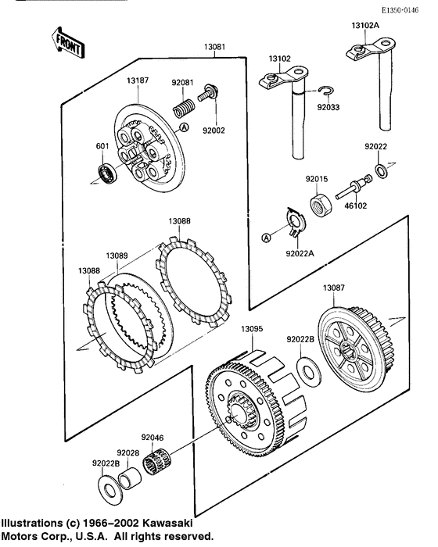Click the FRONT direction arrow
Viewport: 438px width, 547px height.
click(68, 43)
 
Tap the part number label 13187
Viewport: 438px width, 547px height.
click(138, 80)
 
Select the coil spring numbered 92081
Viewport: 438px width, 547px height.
click(183, 108)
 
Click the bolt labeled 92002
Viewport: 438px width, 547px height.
click(209, 92)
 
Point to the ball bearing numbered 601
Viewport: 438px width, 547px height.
click(107, 173)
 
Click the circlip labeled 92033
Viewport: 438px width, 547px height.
click(326, 91)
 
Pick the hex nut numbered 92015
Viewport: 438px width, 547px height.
click(321, 205)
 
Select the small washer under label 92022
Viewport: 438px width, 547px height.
click(381, 170)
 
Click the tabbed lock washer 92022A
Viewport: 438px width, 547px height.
click(296, 222)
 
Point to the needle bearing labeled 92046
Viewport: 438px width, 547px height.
click(158, 461)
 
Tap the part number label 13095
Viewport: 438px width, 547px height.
click(252, 329)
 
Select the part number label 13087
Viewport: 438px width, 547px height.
click(333, 288)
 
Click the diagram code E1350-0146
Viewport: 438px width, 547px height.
click(400, 10)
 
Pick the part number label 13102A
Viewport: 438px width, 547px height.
click(365, 26)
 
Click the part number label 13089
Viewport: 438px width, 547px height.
click(117, 256)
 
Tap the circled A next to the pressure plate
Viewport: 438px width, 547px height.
click(185, 127)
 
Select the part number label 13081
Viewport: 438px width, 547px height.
click(214, 47)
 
